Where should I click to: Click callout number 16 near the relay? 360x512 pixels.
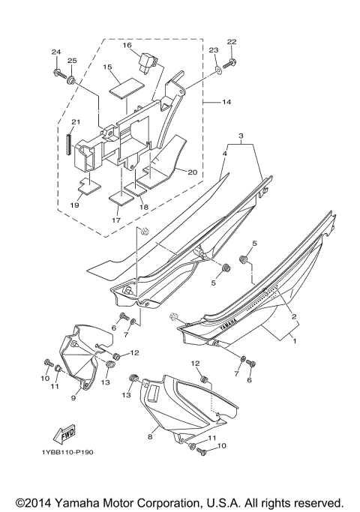pyautogui.click(x=127, y=46)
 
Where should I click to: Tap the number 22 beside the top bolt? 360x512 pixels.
pyautogui.click(x=232, y=42)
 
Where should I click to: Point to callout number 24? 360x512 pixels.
pyautogui.click(x=55, y=52)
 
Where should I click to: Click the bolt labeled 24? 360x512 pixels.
pyautogui.click(x=58, y=73)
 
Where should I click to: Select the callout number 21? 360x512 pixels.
pyautogui.click(x=75, y=123)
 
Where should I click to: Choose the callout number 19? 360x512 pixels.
pyautogui.click(x=75, y=205)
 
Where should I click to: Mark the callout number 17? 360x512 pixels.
pyautogui.click(x=116, y=220)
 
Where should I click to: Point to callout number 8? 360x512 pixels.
pyautogui.click(x=150, y=435)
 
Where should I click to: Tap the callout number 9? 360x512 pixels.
pyautogui.click(x=74, y=398)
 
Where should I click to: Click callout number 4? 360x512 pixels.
pyautogui.click(x=203, y=153)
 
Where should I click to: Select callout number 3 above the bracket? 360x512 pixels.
pyautogui.click(x=240, y=137)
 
